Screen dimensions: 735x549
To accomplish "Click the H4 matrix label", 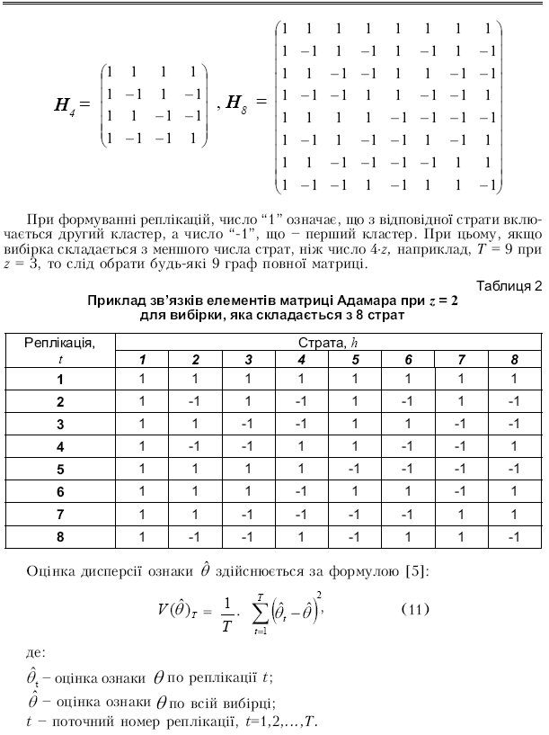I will (x=66, y=105).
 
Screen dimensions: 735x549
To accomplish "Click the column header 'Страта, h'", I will (x=328, y=343).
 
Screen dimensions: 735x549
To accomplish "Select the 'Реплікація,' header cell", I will (x=59, y=343).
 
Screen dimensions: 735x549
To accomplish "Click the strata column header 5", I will (x=355, y=360).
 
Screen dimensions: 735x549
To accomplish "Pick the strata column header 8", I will (x=514, y=360).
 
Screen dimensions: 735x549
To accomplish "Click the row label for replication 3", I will (x=60, y=423).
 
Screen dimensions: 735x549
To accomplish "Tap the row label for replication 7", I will (x=60, y=515).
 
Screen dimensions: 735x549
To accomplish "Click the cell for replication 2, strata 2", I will (x=195, y=400).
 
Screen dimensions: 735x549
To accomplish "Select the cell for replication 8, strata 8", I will (x=514, y=537).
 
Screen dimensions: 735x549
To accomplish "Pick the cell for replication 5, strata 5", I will (x=355, y=469).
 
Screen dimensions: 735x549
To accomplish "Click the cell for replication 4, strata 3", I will (x=248, y=445).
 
